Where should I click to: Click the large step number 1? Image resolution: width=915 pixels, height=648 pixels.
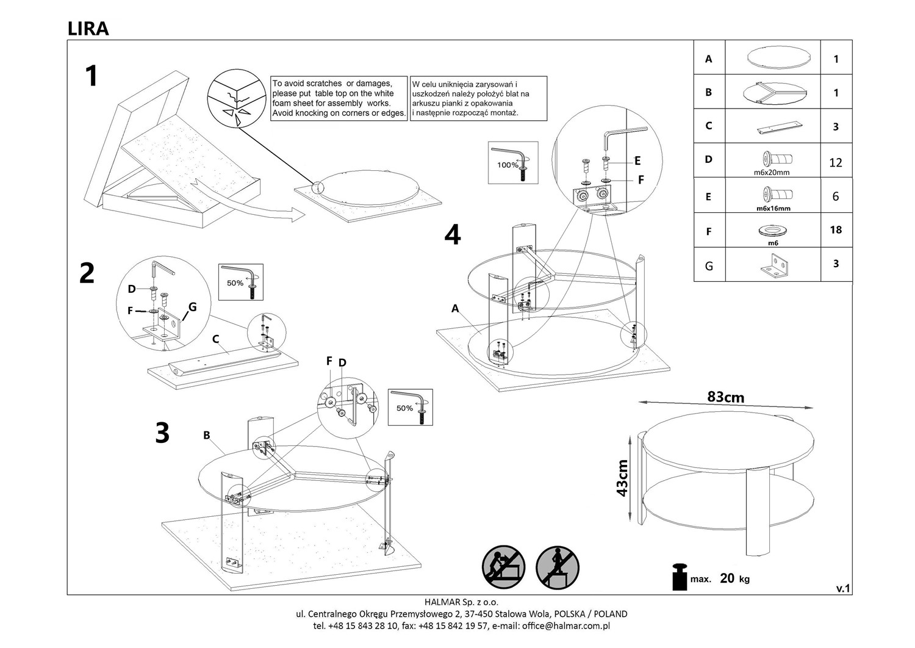pyautogui.click(x=91, y=77)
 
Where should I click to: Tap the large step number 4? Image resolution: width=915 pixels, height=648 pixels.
pyautogui.click(x=452, y=234)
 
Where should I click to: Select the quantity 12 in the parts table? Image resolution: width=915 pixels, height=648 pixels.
pyautogui.click(x=836, y=162)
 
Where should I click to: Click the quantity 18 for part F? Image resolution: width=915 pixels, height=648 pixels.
pyautogui.click(x=836, y=229)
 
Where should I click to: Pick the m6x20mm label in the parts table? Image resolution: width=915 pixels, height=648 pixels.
pyautogui.click(x=772, y=173)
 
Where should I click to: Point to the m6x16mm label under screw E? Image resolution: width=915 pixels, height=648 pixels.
pyautogui.click(x=773, y=208)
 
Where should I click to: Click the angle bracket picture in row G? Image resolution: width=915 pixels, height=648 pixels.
pyautogui.click(x=773, y=265)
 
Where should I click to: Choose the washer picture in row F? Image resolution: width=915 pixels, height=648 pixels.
pyautogui.click(x=773, y=231)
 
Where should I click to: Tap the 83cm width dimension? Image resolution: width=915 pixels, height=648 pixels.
pyautogui.click(x=725, y=397)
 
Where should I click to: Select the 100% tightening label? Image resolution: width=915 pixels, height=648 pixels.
pyautogui.click(x=508, y=165)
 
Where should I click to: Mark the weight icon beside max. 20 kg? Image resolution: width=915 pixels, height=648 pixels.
pyautogui.click(x=679, y=577)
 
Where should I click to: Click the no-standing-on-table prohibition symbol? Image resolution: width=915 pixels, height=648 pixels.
pyautogui.click(x=557, y=567)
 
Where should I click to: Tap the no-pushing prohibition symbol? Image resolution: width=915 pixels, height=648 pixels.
pyautogui.click(x=503, y=567)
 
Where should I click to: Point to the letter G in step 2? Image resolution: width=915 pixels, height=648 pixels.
pyautogui.click(x=192, y=307)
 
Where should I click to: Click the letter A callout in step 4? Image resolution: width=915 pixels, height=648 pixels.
pyautogui.click(x=455, y=309)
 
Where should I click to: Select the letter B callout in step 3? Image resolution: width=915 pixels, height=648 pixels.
pyautogui.click(x=207, y=435)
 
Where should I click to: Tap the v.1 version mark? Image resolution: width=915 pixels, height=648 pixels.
pyautogui.click(x=842, y=588)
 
